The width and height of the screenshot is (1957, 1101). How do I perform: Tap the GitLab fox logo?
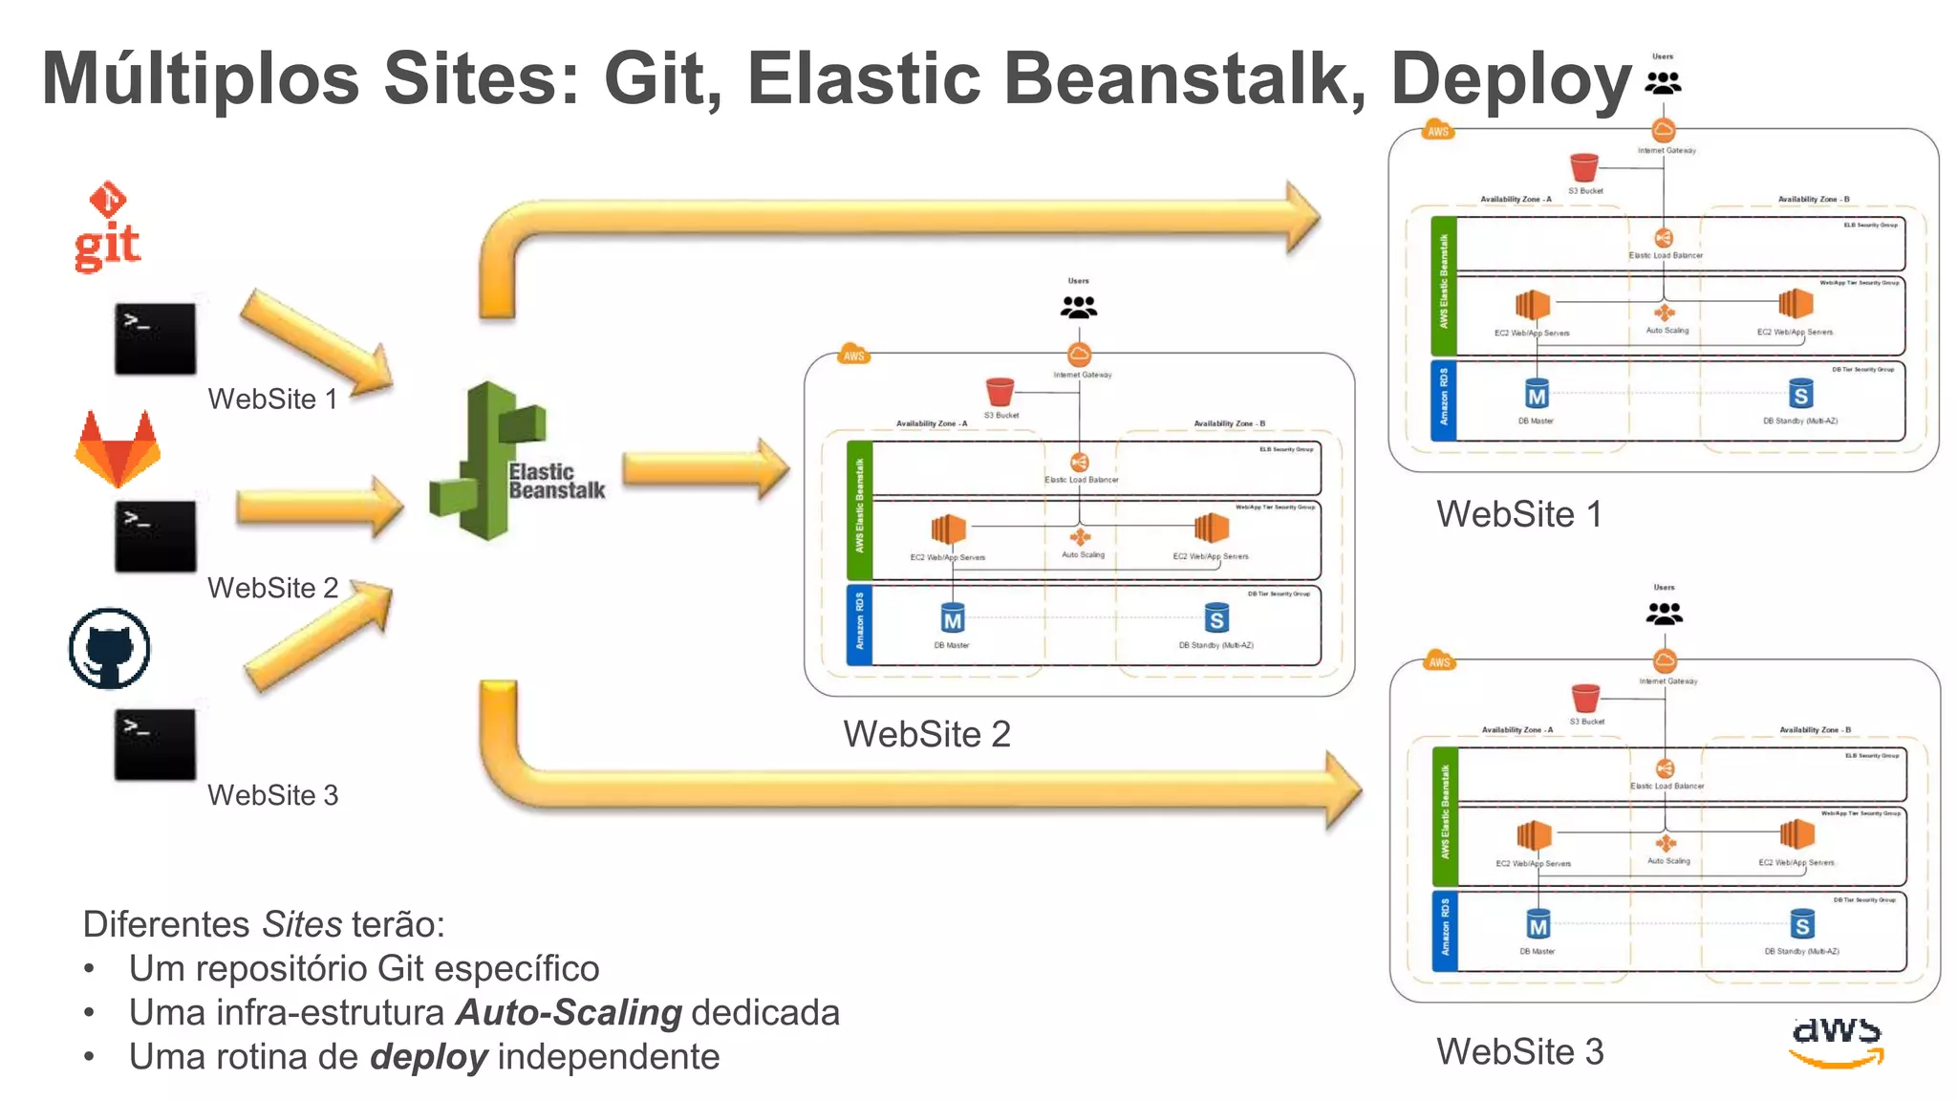click(118, 448)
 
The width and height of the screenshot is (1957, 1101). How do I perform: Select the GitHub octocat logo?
click(110, 649)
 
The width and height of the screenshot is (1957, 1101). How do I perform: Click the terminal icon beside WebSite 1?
click(155, 339)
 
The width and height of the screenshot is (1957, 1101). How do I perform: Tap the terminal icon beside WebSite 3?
click(155, 745)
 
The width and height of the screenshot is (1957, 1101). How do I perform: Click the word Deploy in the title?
click(1511, 78)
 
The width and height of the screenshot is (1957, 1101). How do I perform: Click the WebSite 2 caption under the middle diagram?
click(926, 734)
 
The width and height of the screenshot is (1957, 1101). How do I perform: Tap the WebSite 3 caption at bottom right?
click(1519, 1051)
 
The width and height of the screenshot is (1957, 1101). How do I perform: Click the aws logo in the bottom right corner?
click(1837, 1041)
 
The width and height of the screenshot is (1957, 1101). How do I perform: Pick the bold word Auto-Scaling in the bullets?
click(569, 1012)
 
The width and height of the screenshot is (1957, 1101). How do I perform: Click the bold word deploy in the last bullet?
click(429, 1057)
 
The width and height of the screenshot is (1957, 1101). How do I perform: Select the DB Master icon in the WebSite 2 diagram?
click(952, 619)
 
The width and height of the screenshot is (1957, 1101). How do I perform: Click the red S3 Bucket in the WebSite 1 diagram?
click(1583, 168)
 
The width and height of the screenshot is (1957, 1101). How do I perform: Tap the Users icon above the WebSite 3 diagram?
click(1664, 613)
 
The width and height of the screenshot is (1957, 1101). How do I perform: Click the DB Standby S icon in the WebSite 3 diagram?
click(1801, 924)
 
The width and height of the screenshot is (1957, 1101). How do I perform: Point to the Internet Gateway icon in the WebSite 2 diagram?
click(1079, 356)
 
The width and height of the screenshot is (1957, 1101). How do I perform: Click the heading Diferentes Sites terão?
click(264, 924)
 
